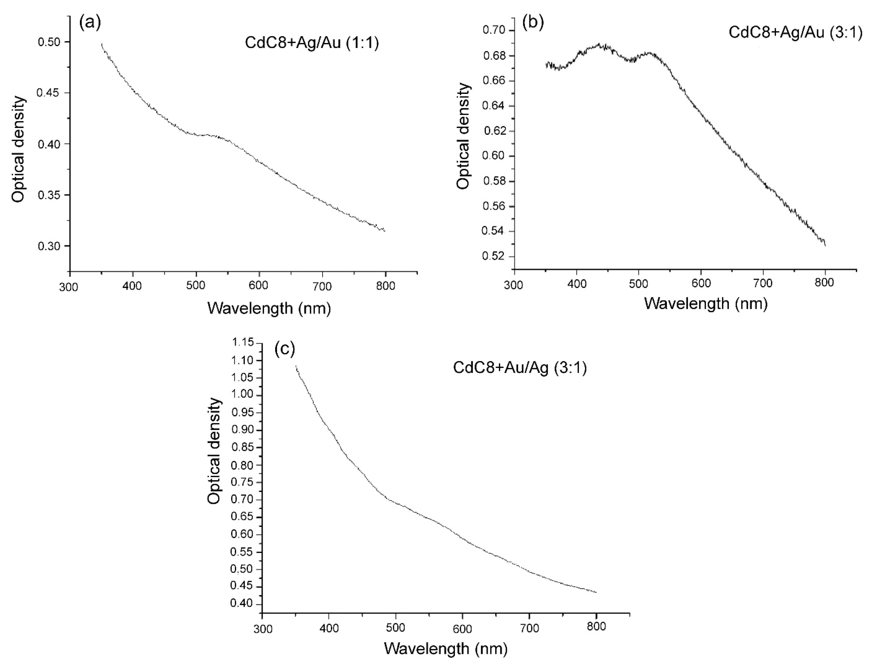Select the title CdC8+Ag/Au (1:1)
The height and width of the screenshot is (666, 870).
(312, 43)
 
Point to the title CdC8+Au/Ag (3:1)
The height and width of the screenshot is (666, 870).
(520, 368)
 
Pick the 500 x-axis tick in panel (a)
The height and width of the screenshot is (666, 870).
(195, 286)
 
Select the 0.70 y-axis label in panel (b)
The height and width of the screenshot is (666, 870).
(493, 30)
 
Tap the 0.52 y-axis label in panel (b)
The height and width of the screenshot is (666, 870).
(493, 256)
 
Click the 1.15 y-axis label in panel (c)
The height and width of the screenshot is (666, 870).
(242, 343)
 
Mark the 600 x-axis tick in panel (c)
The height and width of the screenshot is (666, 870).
(462, 628)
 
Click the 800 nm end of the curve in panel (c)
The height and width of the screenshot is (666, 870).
(596, 592)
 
